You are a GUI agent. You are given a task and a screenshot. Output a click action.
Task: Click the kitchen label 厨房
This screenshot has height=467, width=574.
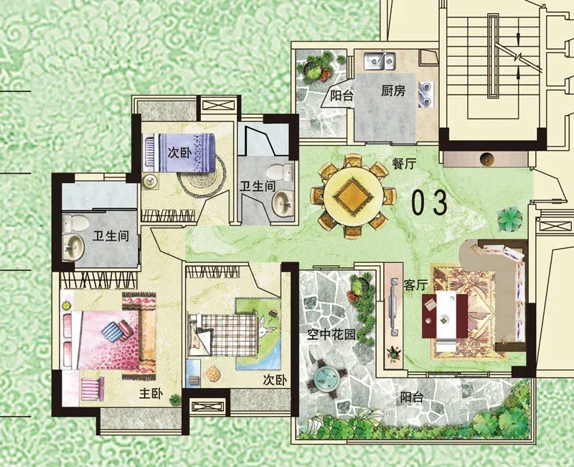[x=393, y=91]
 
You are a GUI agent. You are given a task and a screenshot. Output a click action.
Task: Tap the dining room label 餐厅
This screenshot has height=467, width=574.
[x=404, y=164]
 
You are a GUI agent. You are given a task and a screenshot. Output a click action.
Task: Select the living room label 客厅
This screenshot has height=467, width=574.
[x=416, y=285]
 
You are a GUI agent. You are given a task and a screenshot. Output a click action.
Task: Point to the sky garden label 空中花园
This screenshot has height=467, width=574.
[x=331, y=334]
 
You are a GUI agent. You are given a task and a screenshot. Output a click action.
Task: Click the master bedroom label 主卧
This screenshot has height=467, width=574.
[x=151, y=394]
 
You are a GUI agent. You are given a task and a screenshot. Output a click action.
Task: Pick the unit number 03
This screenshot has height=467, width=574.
[x=430, y=202]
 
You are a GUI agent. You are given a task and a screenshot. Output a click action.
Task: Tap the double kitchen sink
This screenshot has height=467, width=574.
[x=380, y=60]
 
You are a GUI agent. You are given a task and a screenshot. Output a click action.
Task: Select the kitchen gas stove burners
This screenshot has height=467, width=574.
[x=427, y=94]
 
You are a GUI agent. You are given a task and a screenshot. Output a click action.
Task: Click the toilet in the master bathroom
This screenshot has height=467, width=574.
[x=75, y=223]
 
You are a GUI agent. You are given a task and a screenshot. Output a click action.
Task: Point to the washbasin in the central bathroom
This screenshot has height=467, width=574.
[x=282, y=203]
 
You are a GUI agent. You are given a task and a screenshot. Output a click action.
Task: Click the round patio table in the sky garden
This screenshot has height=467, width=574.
[x=328, y=379]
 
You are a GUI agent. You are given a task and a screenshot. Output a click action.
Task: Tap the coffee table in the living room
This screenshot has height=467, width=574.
[x=445, y=315]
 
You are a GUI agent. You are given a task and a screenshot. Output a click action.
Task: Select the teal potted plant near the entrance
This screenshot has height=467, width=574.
[x=509, y=218]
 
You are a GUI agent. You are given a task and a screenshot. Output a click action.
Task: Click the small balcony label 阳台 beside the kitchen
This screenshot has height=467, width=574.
[x=342, y=96]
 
